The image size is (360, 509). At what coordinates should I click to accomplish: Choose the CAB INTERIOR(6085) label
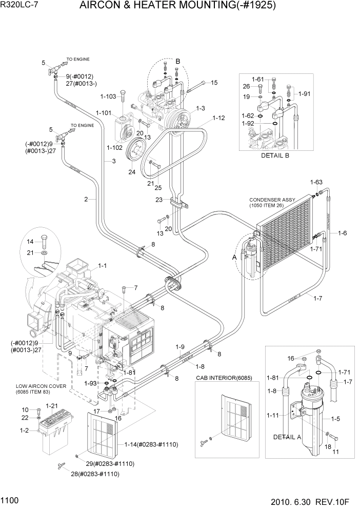click(x=222, y=378)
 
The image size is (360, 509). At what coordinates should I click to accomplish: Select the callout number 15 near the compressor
click(x=214, y=83)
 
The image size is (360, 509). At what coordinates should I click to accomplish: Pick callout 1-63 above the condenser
click(x=316, y=182)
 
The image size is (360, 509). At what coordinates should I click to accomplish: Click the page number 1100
click(x=10, y=499)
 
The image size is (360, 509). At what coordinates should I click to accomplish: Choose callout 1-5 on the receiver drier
click(x=336, y=419)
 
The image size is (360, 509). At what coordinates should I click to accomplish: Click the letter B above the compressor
click(x=178, y=62)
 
